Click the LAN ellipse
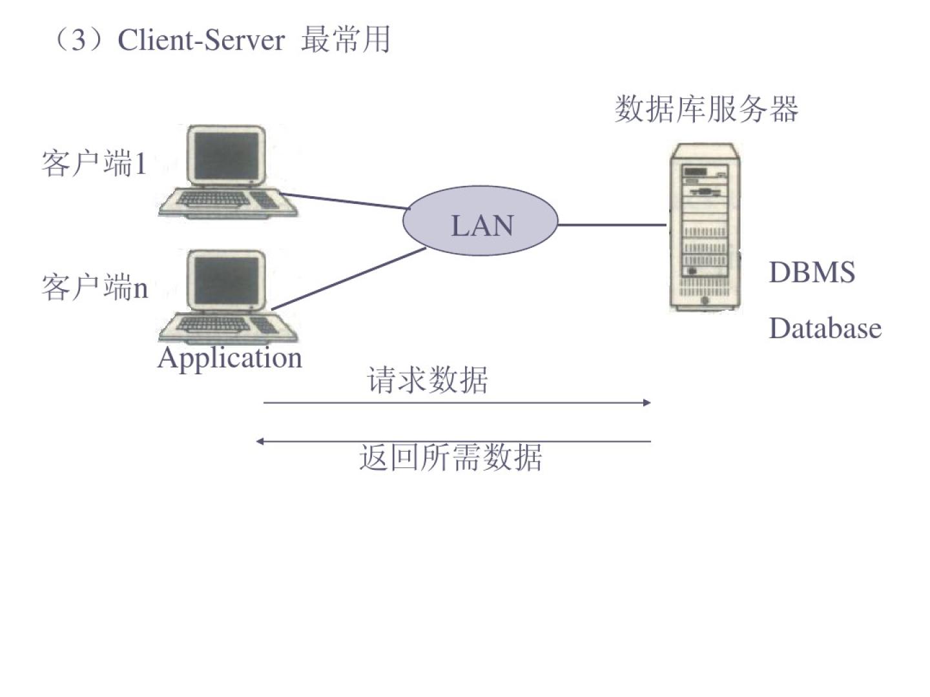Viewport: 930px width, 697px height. pyautogui.click(x=480, y=221)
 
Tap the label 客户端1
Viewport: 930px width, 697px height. pyautogui.click(x=94, y=163)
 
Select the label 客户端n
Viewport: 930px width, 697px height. pyautogui.click(x=94, y=287)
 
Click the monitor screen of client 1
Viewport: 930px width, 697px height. pyautogui.click(x=226, y=155)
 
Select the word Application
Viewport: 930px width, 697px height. pyautogui.click(x=230, y=358)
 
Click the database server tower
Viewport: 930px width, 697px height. pyautogui.click(x=704, y=229)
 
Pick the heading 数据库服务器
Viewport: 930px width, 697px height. pyautogui.click(x=707, y=108)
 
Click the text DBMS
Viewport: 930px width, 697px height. pyautogui.click(x=812, y=272)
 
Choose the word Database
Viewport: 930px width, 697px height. pyautogui.click(x=825, y=328)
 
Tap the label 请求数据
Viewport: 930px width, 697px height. pyautogui.click(x=428, y=379)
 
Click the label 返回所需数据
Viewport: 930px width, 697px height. pyautogui.click(x=450, y=458)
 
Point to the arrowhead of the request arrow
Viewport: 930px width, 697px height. pyautogui.click(x=646, y=403)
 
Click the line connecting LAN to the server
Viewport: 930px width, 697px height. pyautogui.click(x=611, y=225)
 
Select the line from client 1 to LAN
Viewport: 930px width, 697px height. pyautogui.click(x=346, y=201)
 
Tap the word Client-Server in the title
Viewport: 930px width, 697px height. pyautogui.click(x=201, y=40)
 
